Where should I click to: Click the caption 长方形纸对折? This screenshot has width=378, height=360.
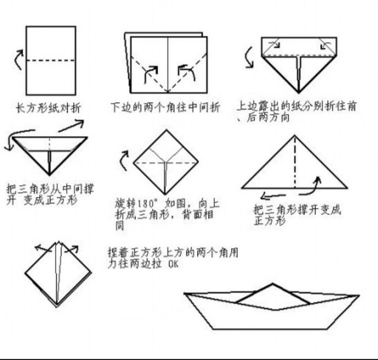tap(48, 108)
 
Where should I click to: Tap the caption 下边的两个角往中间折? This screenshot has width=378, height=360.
tap(165, 107)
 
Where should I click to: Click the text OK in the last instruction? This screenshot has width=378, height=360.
tap(173, 264)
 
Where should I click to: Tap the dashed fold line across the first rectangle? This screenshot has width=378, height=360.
tap(51, 60)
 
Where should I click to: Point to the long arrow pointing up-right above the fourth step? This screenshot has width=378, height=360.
tap(71, 126)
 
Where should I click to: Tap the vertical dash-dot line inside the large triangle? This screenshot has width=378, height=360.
tap(295, 162)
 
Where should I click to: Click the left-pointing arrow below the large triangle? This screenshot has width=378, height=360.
tap(273, 196)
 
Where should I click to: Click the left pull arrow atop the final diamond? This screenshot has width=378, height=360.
tap(43, 248)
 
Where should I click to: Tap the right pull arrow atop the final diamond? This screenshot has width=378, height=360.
tap(71, 249)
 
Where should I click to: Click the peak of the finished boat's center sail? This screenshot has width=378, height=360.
tap(273, 284)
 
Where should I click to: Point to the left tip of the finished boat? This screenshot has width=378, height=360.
tap(184, 293)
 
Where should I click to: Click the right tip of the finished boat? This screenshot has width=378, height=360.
tap(360, 295)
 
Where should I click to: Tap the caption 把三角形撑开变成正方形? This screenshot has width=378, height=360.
tap(297, 215)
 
